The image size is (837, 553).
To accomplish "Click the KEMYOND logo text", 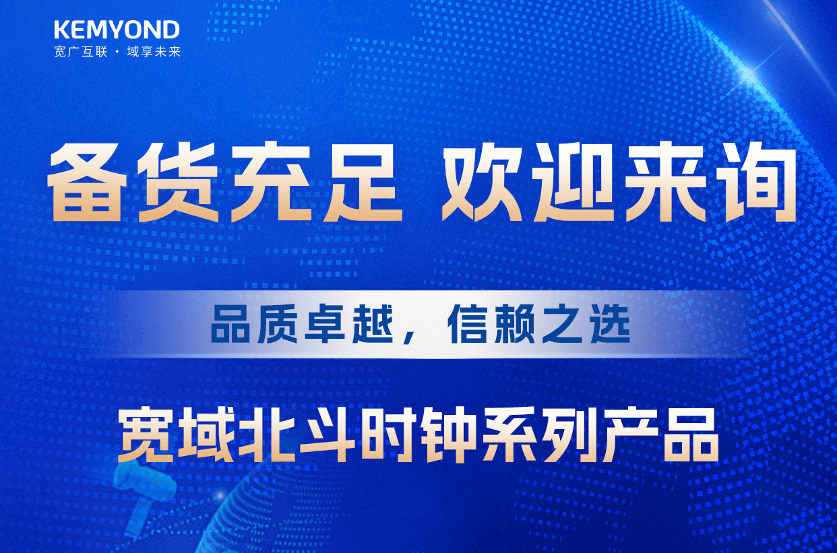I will (x=117, y=30).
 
